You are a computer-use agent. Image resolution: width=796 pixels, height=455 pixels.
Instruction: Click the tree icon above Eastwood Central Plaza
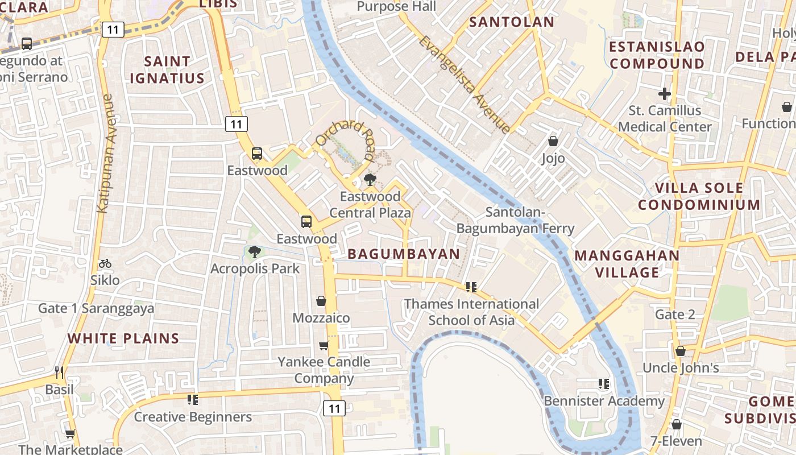coord(370,180)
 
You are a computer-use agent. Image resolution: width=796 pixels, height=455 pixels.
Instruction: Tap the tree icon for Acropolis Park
coord(254,251)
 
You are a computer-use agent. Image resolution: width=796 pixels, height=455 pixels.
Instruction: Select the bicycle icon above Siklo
coord(105,263)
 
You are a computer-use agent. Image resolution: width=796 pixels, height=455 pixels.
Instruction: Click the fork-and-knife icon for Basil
coord(59,373)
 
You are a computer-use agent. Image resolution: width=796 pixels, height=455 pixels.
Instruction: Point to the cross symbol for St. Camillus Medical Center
coord(665,93)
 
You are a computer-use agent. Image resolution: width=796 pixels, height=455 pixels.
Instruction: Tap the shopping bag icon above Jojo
coord(553,141)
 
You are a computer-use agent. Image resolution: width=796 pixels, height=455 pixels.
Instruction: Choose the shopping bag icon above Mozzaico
coord(321,301)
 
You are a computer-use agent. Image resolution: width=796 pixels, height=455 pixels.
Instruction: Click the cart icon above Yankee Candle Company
coord(324,345)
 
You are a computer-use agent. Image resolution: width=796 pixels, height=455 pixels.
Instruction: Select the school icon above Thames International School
coord(471,287)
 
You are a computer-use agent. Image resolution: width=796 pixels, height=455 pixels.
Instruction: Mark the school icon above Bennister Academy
coord(604,384)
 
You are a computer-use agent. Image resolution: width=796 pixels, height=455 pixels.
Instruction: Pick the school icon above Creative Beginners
coord(193,400)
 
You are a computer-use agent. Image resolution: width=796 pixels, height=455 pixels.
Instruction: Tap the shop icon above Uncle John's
coord(680,351)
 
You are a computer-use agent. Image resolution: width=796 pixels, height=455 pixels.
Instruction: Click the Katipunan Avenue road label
coord(106,154)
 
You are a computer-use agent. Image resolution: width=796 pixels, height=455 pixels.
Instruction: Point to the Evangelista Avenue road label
coord(465,84)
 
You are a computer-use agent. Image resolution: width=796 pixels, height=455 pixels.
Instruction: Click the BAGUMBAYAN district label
coord(403,254)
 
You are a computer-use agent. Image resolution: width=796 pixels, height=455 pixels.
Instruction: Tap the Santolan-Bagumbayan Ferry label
coord(516,221)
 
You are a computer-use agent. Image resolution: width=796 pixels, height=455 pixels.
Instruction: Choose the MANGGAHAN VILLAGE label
coord(627,264)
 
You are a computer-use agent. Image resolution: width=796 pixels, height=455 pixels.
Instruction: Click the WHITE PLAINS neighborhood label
coord(123,338)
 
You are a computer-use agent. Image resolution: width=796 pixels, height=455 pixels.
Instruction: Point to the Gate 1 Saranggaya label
coord(96,309)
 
